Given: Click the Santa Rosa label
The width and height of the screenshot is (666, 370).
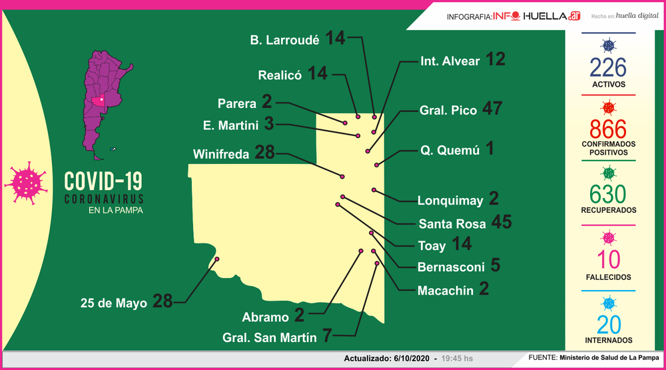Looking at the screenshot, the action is coord(452,224).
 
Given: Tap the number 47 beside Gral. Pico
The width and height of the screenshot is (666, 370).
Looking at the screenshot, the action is coord(492,109).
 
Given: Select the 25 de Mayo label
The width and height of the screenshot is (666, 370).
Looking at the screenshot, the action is coord(113,303).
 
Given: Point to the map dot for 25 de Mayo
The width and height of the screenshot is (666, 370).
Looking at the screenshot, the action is coord(217,259).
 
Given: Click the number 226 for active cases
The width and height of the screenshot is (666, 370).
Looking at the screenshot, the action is coord(607,67).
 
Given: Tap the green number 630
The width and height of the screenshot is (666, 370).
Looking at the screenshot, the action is coord(607,194).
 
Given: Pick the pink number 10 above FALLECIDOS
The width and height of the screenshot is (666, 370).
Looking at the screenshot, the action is coord(607,259).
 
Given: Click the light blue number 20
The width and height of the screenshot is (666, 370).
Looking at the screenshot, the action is coord(607,325).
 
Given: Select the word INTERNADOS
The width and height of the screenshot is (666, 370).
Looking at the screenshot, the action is coord(607,341).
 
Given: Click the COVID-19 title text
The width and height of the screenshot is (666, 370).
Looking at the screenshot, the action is coord(103,182).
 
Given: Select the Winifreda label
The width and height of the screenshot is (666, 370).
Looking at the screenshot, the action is coord(221,154).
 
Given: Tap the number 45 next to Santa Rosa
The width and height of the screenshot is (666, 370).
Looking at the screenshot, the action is coord(501,223).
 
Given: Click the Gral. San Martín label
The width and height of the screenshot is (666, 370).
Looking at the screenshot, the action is coord(270,337).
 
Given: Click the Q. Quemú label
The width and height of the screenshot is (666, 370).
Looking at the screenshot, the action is coord(450,151).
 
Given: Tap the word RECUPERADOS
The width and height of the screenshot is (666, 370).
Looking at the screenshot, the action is coord(607,210).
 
